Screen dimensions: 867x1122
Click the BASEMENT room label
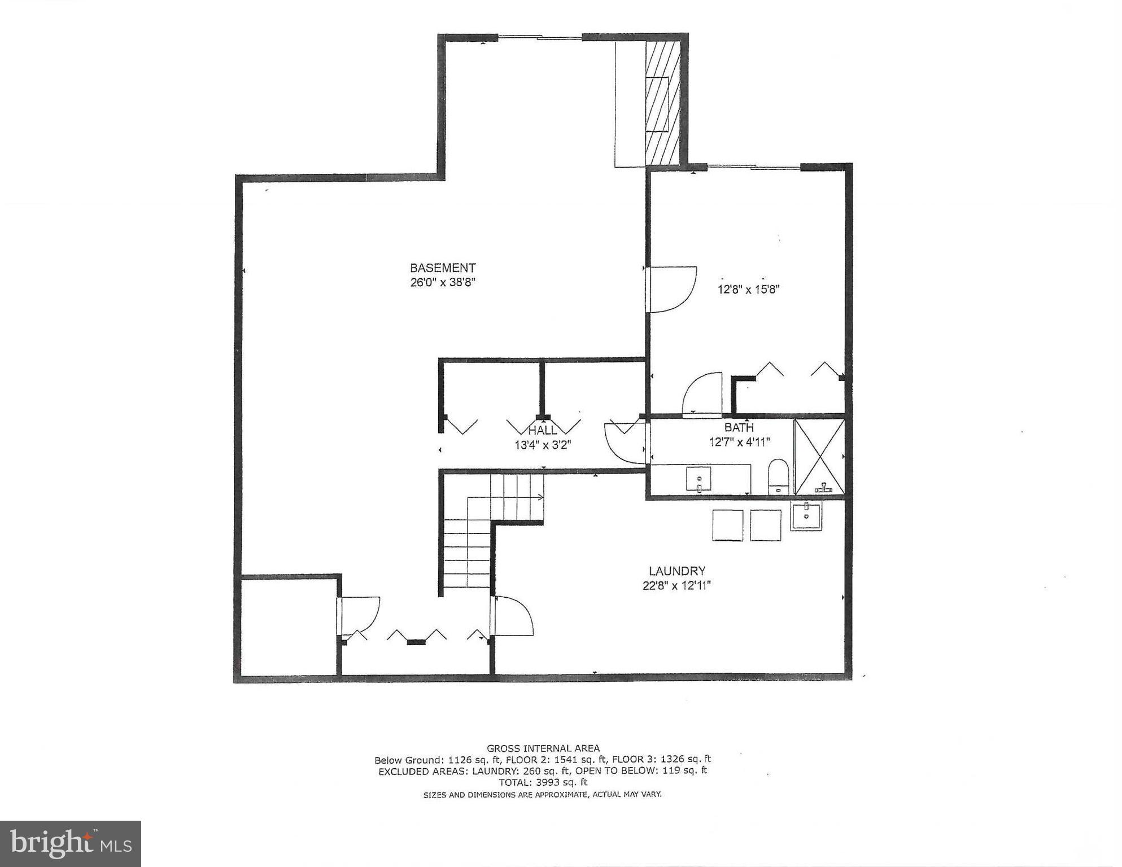click(443, 268)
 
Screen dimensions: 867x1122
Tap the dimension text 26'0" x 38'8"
click(443, 282)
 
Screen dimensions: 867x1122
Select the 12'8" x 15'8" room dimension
click(748, 290)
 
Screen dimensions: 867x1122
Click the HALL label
click(542, 431)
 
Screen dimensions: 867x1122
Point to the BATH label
click(739, 427)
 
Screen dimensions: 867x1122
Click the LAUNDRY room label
click(676, 571)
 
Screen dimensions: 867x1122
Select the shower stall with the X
click(819, 457)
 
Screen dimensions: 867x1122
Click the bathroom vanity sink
click(699, 479)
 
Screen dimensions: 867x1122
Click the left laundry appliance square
click(727, 525)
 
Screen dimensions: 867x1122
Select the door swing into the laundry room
click(512, 617)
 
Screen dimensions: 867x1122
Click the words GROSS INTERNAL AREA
click(543, 748)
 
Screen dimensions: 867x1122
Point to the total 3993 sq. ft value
click(543, 782)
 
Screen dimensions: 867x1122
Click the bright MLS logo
click(71, 843)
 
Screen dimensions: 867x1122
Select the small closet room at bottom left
click(289, 625)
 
